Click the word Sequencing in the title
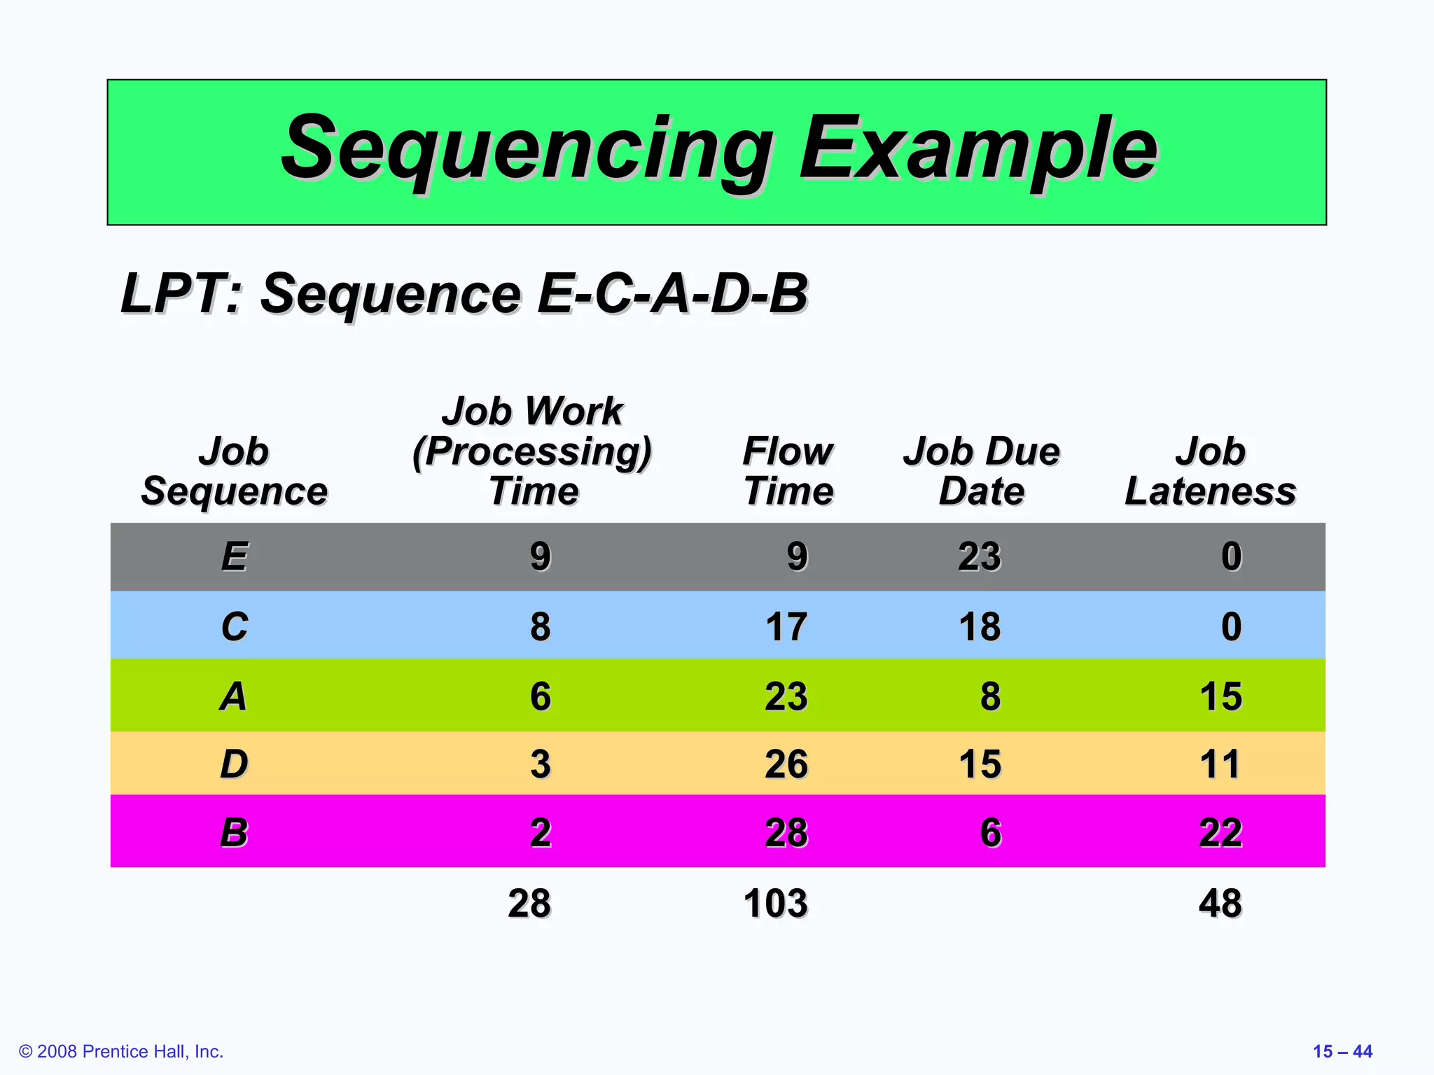click(x=525, y=150)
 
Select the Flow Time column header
click(x=788, y=471)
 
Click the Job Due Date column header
click(x=981, y=471)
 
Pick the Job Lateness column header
click(x=1210, y=471)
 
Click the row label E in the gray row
click(x=235, y=557)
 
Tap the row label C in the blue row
click(x=235, y=626)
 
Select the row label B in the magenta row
click(x=235, y=833)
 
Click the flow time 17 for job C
click(x=786, y=626)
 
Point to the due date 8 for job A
click(x=990, y=696)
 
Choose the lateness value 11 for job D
click(x=1220, y=764)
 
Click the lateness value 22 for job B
click(x=1220, y=833)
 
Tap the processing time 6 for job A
click(x=540, y=696)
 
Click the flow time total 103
click(x=775, y=904)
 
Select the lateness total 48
click(x=1220, y=904)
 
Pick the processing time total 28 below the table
click(x=529, y=904)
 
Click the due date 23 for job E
click(x=980, y=557)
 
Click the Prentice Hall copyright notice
click(x=121, y=1051)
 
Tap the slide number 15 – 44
click(x=1342, y=1051)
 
